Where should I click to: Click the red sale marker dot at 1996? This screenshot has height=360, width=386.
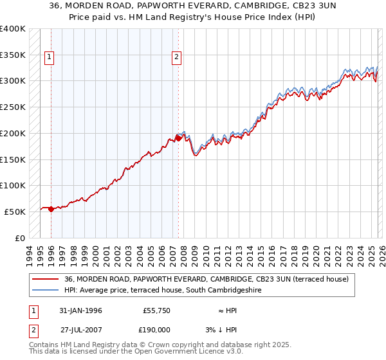coord(51,208)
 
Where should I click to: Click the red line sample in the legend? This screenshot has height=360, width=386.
coord(46,279)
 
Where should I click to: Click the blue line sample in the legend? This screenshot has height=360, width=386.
coord(46,290)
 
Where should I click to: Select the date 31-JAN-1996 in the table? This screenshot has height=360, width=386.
coord(80,310)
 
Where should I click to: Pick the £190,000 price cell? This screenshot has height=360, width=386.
coord(157,329)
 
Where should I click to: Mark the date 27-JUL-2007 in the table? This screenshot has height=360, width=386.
coord(80,329)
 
